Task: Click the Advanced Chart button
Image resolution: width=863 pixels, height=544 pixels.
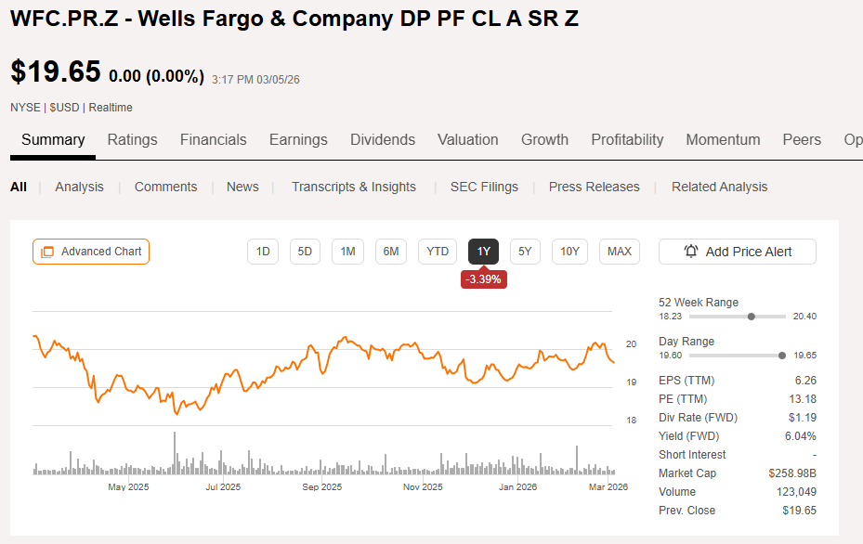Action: point(91,252)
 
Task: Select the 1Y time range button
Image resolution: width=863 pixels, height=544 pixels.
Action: point(483,252)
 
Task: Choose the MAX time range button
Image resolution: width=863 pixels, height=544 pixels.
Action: point(620,252)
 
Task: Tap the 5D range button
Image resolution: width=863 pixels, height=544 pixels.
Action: point(305,252)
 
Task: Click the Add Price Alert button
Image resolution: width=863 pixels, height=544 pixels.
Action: point(738,252)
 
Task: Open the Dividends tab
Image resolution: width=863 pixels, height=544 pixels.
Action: point(383,139)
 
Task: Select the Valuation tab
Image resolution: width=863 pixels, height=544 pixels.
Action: point(468,139)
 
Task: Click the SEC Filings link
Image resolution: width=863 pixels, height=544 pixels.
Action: point(484,187)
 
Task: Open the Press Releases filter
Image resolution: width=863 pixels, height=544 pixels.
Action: point(594,187)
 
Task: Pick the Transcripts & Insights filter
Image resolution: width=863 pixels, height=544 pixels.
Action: point(354,187)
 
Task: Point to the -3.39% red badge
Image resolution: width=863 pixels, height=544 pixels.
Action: point(483,279)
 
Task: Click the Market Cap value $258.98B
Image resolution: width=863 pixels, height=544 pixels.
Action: point(792,473)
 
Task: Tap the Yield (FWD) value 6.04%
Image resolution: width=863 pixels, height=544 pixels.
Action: point(800,436)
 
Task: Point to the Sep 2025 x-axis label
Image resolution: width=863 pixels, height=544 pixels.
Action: point(322,486)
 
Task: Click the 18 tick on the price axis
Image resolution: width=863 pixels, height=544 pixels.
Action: point(632,421)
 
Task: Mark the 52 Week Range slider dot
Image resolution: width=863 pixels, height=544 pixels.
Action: point(752,317)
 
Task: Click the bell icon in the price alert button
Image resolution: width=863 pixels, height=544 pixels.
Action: point(691,252)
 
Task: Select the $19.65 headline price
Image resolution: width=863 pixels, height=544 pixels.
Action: point(56,71)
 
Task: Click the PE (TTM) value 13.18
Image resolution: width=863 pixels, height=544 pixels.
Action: point(803,399)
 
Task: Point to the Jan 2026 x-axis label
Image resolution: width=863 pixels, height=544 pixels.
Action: point(518,486)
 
